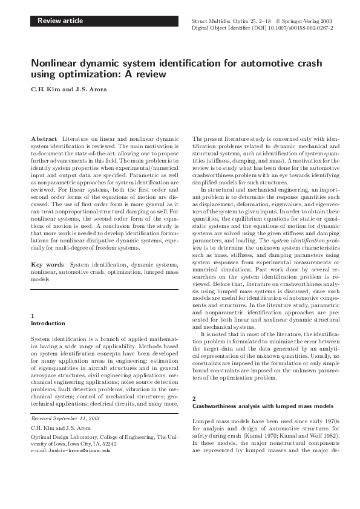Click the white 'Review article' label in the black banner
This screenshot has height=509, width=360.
click(x=60, y=21)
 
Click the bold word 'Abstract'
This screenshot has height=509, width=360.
click(x=44, y=139)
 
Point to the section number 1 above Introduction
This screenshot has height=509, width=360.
click(x=32, y=316)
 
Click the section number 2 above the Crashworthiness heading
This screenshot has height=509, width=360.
click(x=194, y=398)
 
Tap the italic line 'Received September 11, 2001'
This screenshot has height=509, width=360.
click(x=65, y=418)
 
